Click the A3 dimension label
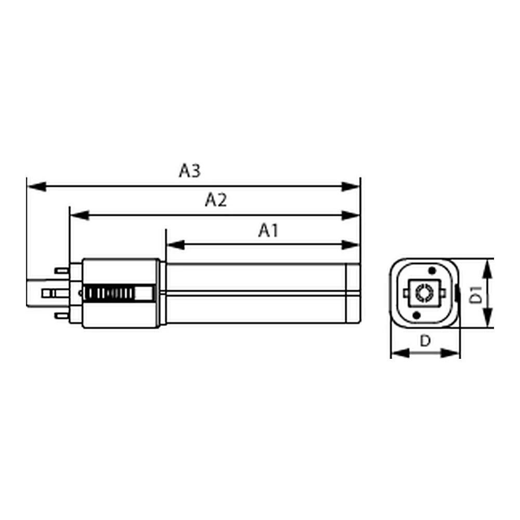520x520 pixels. (x=190, y=171)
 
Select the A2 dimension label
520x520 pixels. (x=216, y=200)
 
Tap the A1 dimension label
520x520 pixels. (x=268, y=230)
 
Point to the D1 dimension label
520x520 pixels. (x=476, y=294)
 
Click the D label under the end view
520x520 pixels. (x=425, y=341)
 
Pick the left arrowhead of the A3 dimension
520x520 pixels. (x=36, y=186)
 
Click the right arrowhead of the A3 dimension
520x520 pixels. (x=350, y=186)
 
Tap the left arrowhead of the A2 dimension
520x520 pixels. (x=80, y=215)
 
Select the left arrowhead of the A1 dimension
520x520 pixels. (x=175, y=245)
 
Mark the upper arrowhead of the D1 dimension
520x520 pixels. (x=487, y=269)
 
